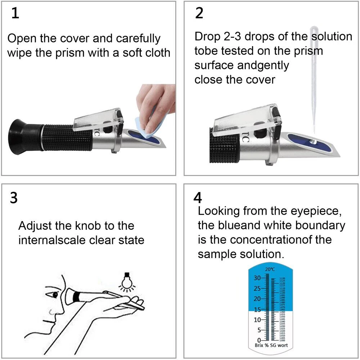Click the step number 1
coord(15,14)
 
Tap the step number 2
coord(199,13)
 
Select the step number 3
coord(14,198)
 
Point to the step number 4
coord(198,198)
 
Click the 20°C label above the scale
coord(270,269)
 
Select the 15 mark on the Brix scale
coord(257,309)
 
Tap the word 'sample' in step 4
coord(217,254)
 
